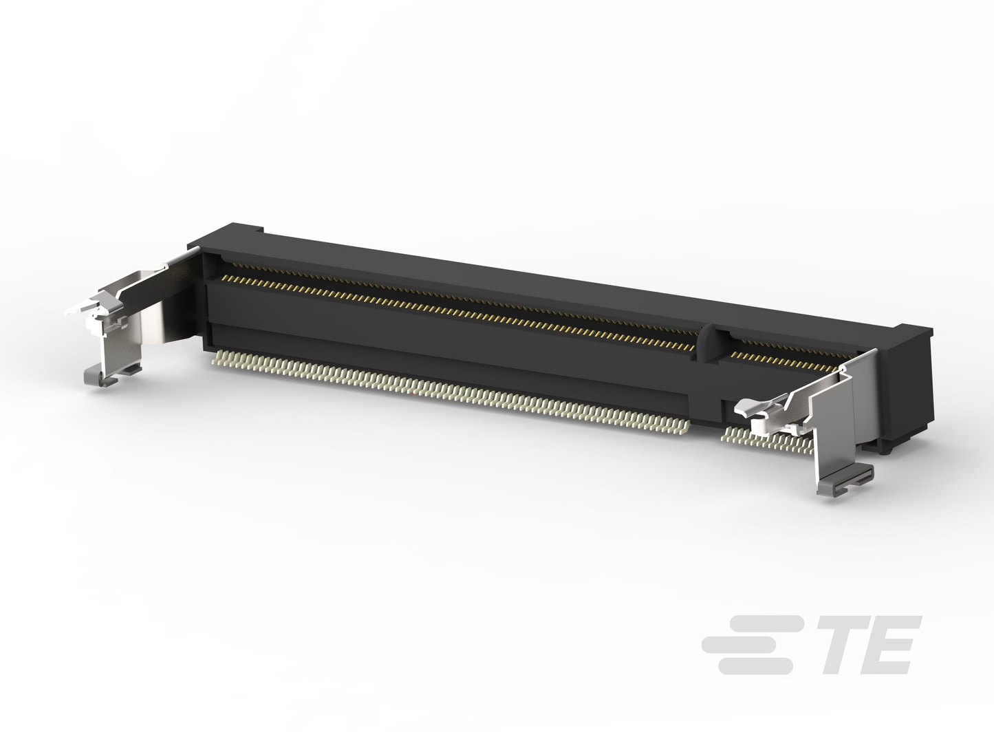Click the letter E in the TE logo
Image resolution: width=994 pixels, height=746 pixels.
[x=892, y=644]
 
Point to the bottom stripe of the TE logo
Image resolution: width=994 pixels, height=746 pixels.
[x=755, y=666]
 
